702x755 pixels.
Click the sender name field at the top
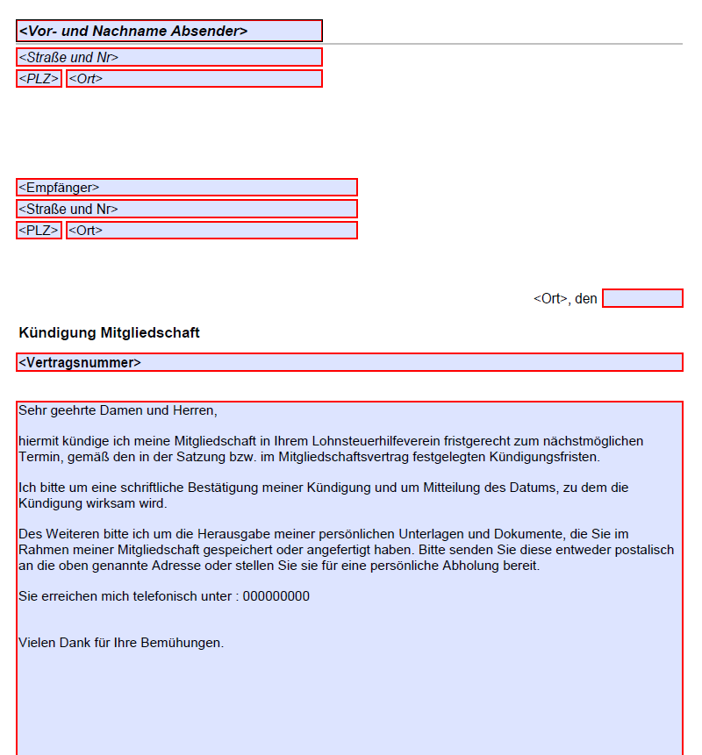point(169,31)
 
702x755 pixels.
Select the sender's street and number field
point(169,57)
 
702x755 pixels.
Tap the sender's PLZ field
point(39,79)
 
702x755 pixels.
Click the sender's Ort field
point(194,79)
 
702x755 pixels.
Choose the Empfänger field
point(186,188)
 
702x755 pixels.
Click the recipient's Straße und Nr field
point(186,209)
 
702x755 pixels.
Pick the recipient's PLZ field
point(39,231)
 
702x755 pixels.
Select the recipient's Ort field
point(211,231)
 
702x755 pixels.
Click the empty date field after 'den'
point(642,298)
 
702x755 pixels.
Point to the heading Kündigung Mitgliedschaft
point(109,333)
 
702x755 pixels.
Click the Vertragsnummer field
point(349,362)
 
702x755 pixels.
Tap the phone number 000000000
point(276,597)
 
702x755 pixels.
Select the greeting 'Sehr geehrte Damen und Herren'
point(117,410)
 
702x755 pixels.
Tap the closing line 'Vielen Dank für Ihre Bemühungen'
point(121,643)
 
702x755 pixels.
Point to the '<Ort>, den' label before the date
point(565,299)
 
